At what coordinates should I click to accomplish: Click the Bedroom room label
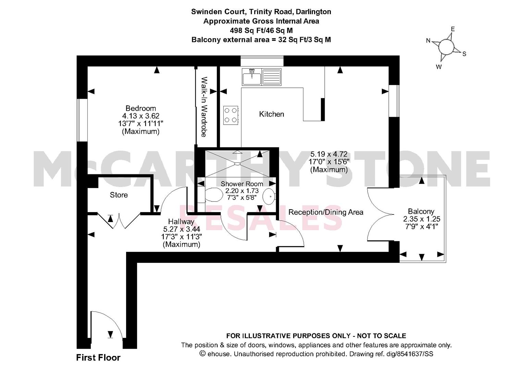coord(140,108)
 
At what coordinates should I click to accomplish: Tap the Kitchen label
coord(272,114)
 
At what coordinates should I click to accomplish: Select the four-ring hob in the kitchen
coord(231,115)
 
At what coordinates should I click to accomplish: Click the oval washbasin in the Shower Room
coord(269,196)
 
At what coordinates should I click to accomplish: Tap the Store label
coord(119,195)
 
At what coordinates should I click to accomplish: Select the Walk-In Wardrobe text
coord(204,107)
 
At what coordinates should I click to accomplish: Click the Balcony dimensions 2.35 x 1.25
coord(421,219)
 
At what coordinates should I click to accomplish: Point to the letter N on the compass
coord(428,41)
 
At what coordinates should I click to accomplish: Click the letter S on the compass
coord(464,54)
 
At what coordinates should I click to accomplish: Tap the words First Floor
coord(98,358)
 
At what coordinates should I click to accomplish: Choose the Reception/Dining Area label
coord(326,212)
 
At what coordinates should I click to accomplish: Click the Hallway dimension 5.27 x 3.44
coord(182,229)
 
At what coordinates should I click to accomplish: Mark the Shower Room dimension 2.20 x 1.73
coord(242,191)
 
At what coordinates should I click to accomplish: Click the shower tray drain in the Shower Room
coord(238,164)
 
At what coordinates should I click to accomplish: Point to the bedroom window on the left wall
coord(82,120)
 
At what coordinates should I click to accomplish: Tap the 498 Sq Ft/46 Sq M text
coord(261,30)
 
